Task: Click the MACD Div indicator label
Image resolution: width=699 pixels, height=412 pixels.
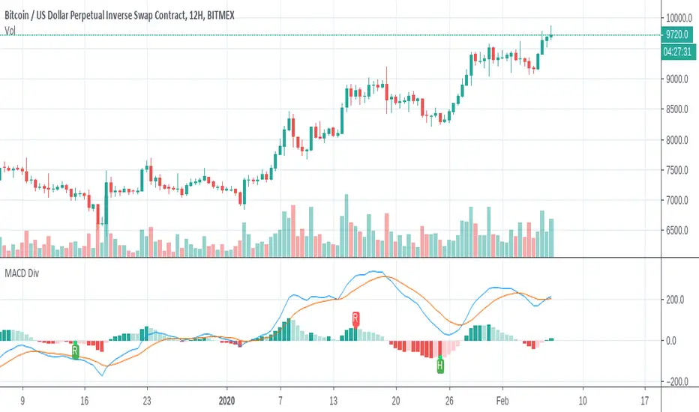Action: tap(22, 273)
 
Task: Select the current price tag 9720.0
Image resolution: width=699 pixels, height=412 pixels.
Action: tap(677, 34)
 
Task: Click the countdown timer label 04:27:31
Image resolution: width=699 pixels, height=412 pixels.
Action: tap(677, 52)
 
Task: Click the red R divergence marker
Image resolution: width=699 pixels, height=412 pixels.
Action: tap(355, 318)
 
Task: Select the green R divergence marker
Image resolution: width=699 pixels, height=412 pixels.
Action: tap(75, 350)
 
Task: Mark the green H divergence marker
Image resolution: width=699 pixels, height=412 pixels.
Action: tap(439, 366)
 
